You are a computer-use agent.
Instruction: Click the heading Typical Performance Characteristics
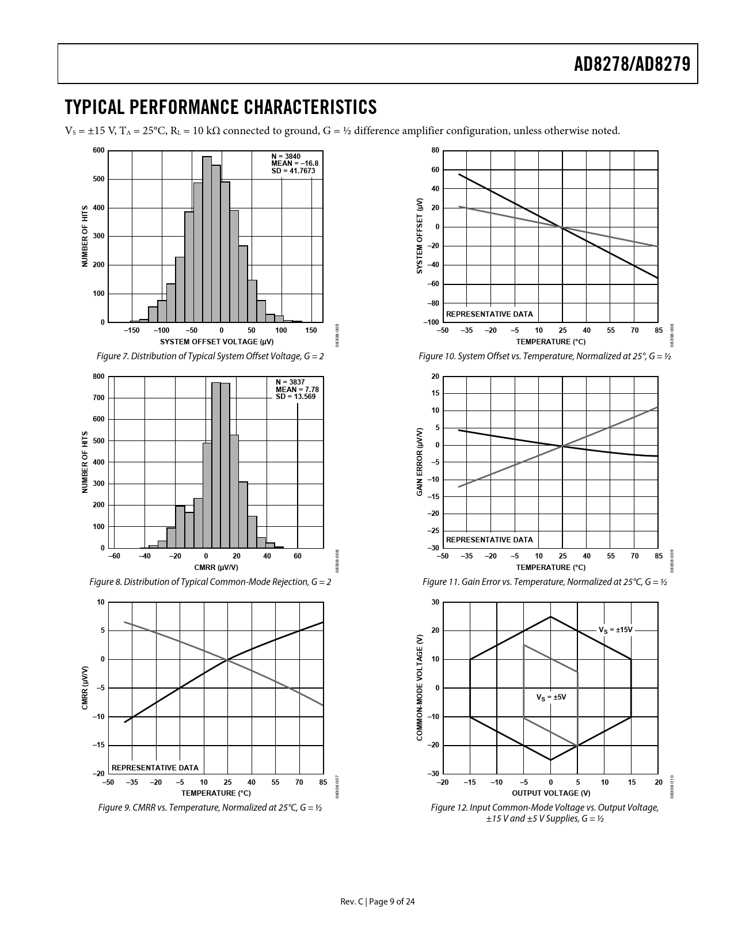point(221,107)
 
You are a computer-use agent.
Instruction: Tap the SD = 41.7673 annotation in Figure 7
point(294,171)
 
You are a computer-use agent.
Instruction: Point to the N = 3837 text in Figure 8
point(290,382)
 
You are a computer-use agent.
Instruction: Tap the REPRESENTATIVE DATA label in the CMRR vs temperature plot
point(155,767)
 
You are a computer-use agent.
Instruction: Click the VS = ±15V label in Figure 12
point(615,630)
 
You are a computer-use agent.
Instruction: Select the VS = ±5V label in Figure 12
point(551,697)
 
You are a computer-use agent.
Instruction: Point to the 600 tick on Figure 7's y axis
point(98,151)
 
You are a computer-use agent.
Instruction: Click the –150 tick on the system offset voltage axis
point(131,330)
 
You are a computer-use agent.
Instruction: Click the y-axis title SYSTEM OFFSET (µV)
point(420,235)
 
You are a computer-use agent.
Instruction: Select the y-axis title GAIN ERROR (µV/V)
point(420,462)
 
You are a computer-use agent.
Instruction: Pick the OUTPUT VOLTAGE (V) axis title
point(550,793)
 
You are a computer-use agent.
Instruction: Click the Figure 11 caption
point(545,582)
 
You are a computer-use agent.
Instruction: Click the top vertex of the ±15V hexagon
point(551,617)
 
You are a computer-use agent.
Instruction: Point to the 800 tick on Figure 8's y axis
point(98,377)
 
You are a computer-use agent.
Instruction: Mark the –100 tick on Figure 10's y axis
point(431,322)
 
